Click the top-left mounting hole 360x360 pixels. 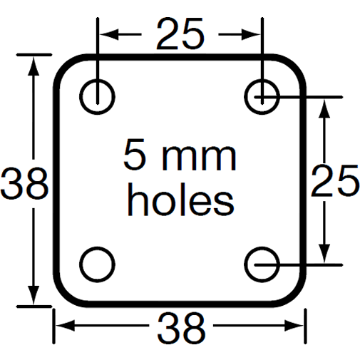click(97, 96)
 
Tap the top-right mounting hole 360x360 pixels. click(262, 96)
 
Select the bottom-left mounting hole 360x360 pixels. click(97, 264)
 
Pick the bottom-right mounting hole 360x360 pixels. click(262, 264)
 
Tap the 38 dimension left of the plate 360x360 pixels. click(24, 183)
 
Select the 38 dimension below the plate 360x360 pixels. click(180, 328)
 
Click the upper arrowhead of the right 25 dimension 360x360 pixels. click(325, 104)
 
